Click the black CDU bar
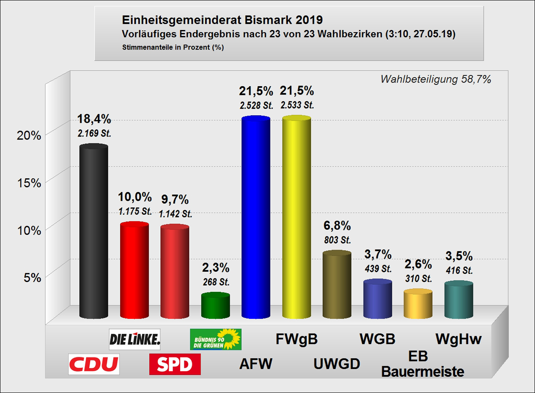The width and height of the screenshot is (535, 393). tap(94, 231)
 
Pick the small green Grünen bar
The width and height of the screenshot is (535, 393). tap(215, 306)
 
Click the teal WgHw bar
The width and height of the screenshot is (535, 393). tap(458, 300)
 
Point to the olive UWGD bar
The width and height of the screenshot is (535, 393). tap(337, 285)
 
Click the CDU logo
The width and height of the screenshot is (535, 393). tap(94, 364)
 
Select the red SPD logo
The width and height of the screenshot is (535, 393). tap(175, 364)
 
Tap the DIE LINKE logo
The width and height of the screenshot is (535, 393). tap(135, 339)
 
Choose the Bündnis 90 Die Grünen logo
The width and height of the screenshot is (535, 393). tap(216, 339)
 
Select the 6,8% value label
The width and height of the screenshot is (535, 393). tap(337, 226)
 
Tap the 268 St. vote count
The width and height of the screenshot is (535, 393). tap(216, 282)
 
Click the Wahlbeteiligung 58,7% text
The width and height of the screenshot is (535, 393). tap(436, 79)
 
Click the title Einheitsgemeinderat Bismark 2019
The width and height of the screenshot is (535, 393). tap(222, 20)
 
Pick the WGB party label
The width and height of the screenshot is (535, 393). tap(377, 339)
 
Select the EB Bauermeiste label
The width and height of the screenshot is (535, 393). tap(423, 364)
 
